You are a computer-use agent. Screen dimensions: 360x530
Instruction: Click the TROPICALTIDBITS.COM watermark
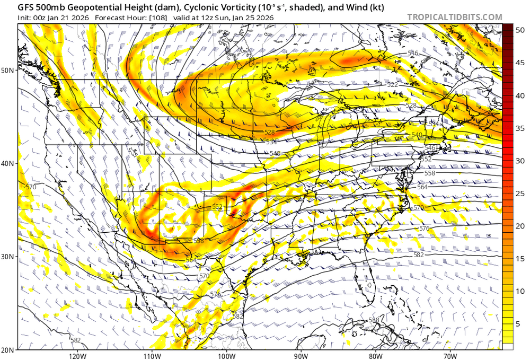tap(454, 17)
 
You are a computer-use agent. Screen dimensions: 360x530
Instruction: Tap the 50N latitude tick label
tap(8, 70)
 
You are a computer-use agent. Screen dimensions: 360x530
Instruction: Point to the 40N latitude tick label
tap(8, 163)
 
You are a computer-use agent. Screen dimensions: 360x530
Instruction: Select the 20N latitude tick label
tap(8, 350)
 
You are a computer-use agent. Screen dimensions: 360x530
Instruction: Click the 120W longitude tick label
tap(77, 355)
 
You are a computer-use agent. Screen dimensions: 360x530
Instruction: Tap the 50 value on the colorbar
tap(520, 30)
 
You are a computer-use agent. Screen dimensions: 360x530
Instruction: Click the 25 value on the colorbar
tap(520, 193)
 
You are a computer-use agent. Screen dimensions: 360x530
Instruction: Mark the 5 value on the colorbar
tap(520, 323)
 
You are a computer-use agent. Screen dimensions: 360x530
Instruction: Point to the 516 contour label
tap(413, 54)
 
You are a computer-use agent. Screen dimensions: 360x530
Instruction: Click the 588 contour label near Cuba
tap(374, 320)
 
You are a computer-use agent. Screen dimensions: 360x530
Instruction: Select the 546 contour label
tap(430, 147)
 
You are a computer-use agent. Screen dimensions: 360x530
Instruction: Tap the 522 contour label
tap(392, 85)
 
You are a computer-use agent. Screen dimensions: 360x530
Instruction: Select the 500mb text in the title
tap(51, 7)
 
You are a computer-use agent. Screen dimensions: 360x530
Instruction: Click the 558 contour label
tap(429, 173)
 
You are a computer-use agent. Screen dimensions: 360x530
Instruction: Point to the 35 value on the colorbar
tap(520, 128)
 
